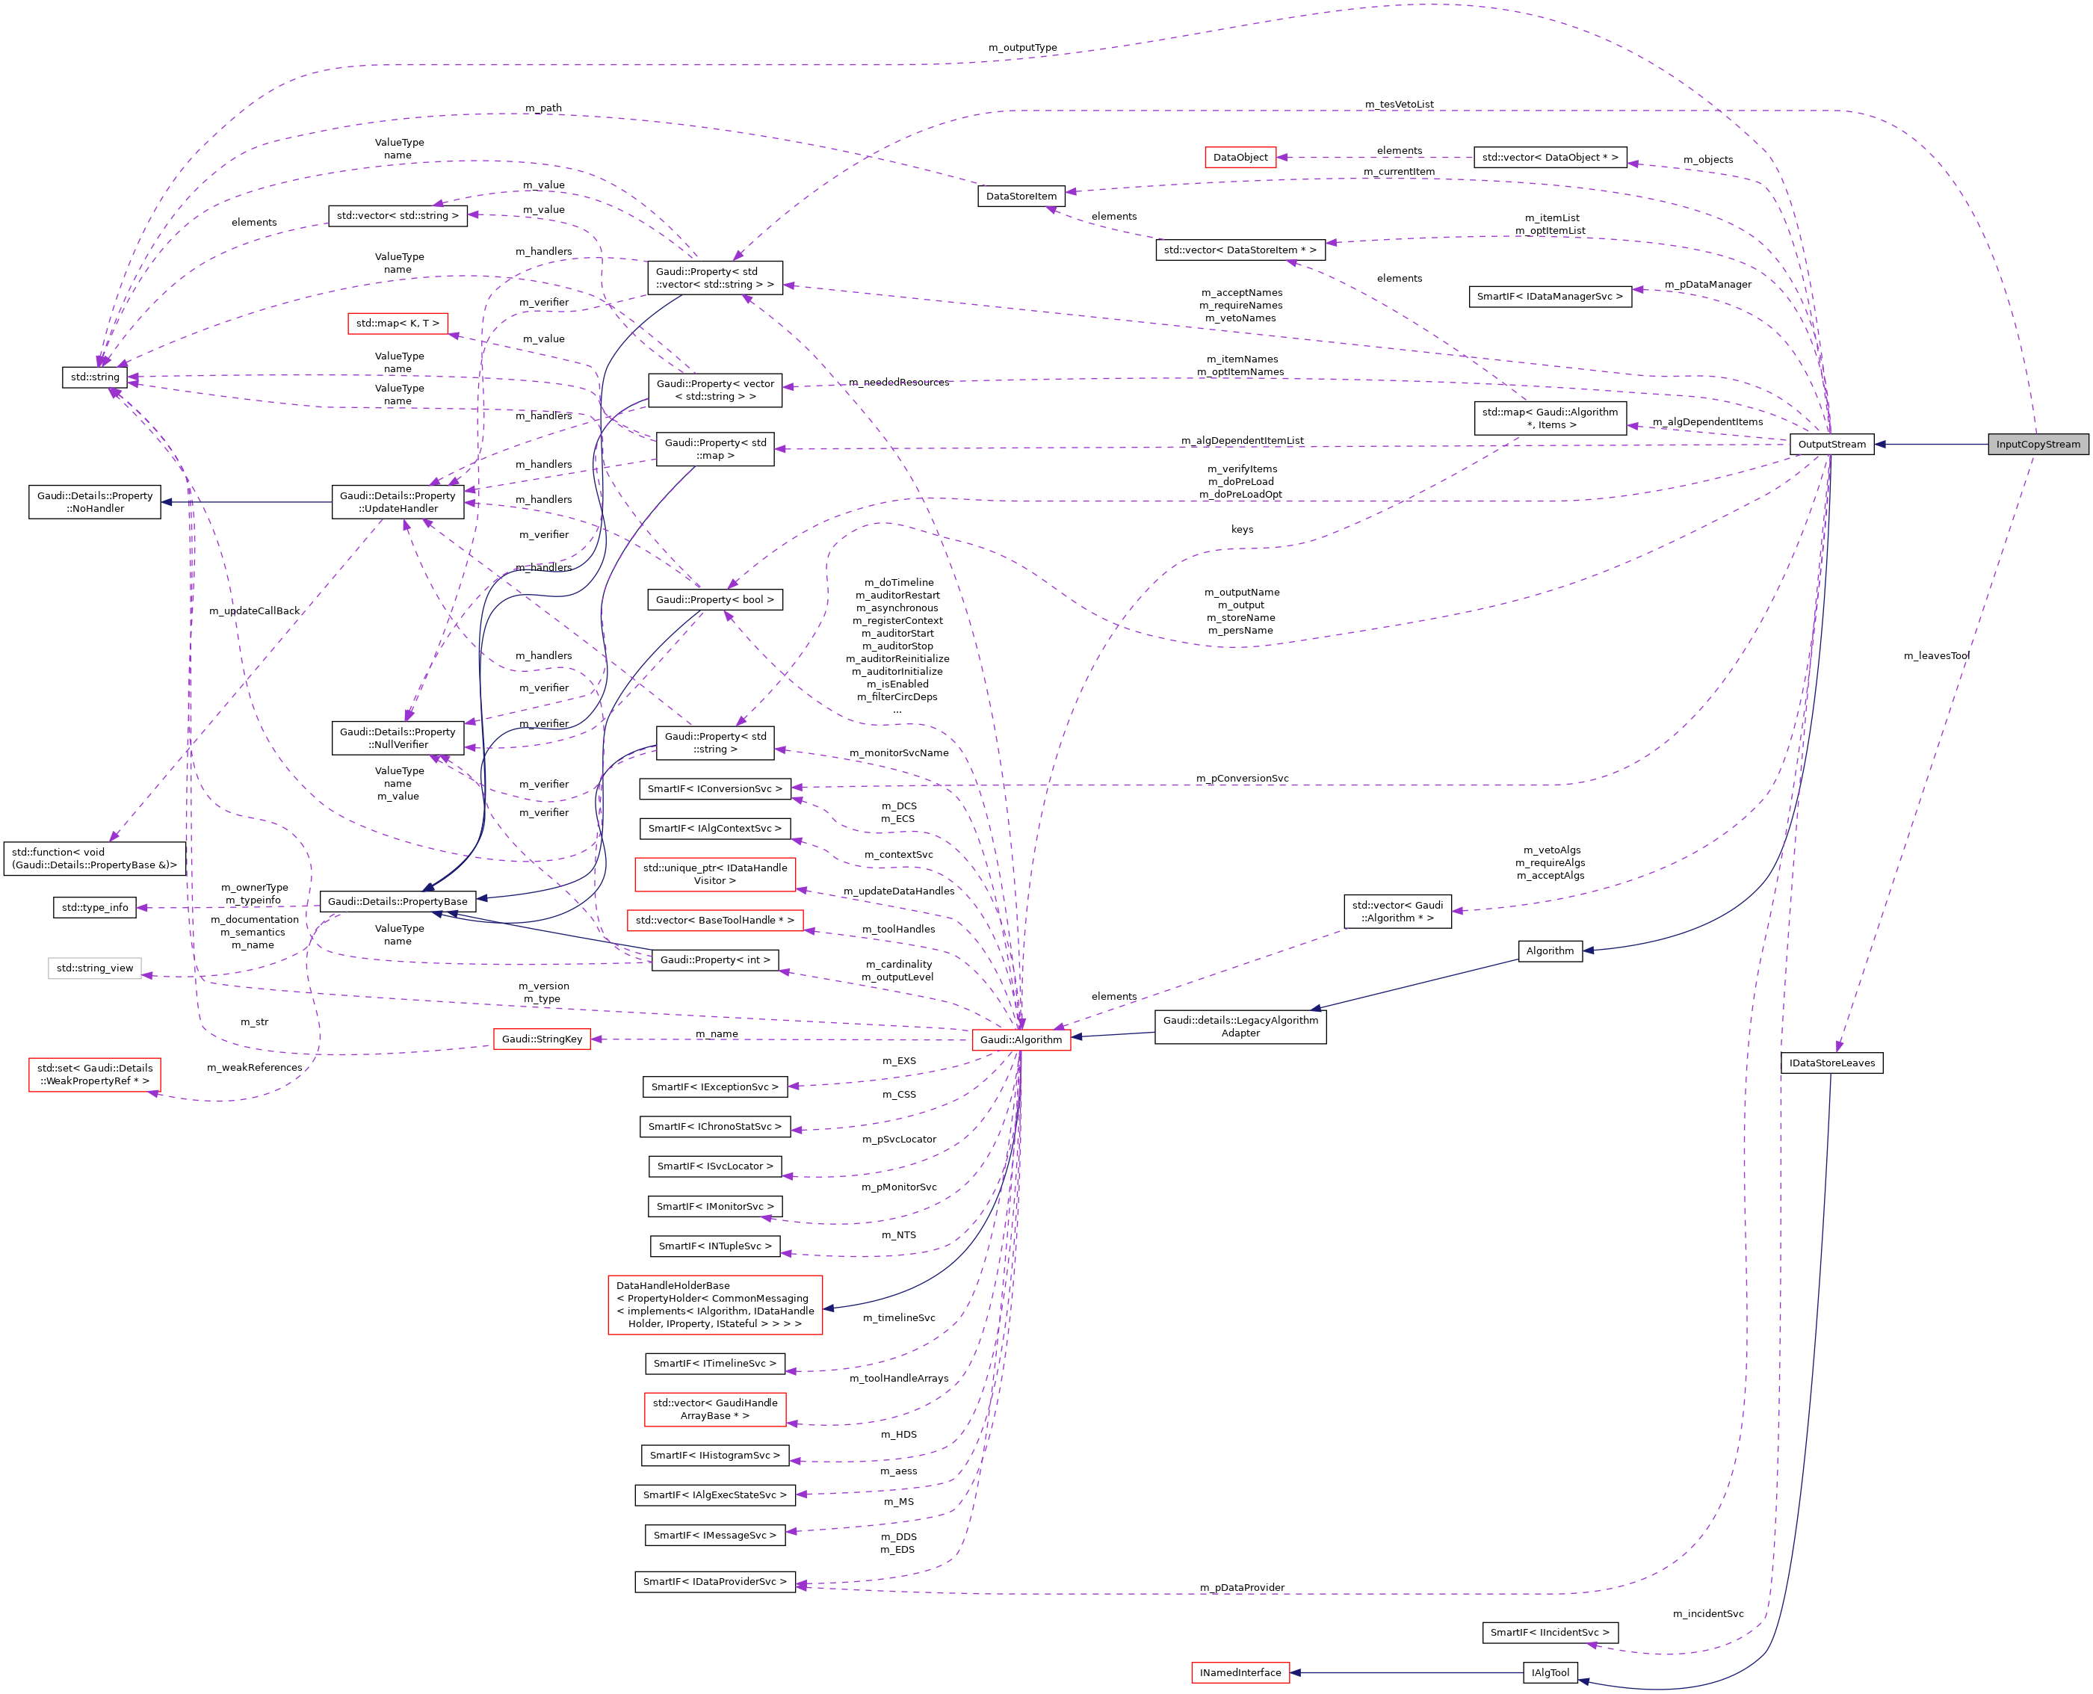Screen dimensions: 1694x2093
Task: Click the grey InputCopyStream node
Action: point(2038,444)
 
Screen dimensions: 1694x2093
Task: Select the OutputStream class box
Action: point(1831,444)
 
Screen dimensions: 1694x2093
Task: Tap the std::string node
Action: point(95,377)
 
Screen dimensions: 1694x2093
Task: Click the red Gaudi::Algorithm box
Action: point(1021,1039)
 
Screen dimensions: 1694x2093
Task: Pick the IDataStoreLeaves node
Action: point(1831,1063)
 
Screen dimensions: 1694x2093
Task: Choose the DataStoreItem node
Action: point(1021,196)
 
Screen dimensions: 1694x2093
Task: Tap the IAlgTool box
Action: point(1550,1672)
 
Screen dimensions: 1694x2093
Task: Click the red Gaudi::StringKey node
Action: point(542,1039)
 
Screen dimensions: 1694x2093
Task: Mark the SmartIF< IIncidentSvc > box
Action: point(1550,1633)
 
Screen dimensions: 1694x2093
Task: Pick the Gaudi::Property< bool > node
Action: point(714,599)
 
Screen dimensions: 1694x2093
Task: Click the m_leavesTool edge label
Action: point(1936,656)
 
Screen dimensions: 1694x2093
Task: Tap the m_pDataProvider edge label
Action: point(1241,1588)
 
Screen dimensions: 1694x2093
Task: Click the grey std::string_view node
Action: point(95,968)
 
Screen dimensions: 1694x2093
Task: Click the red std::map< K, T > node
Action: point(397,323)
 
